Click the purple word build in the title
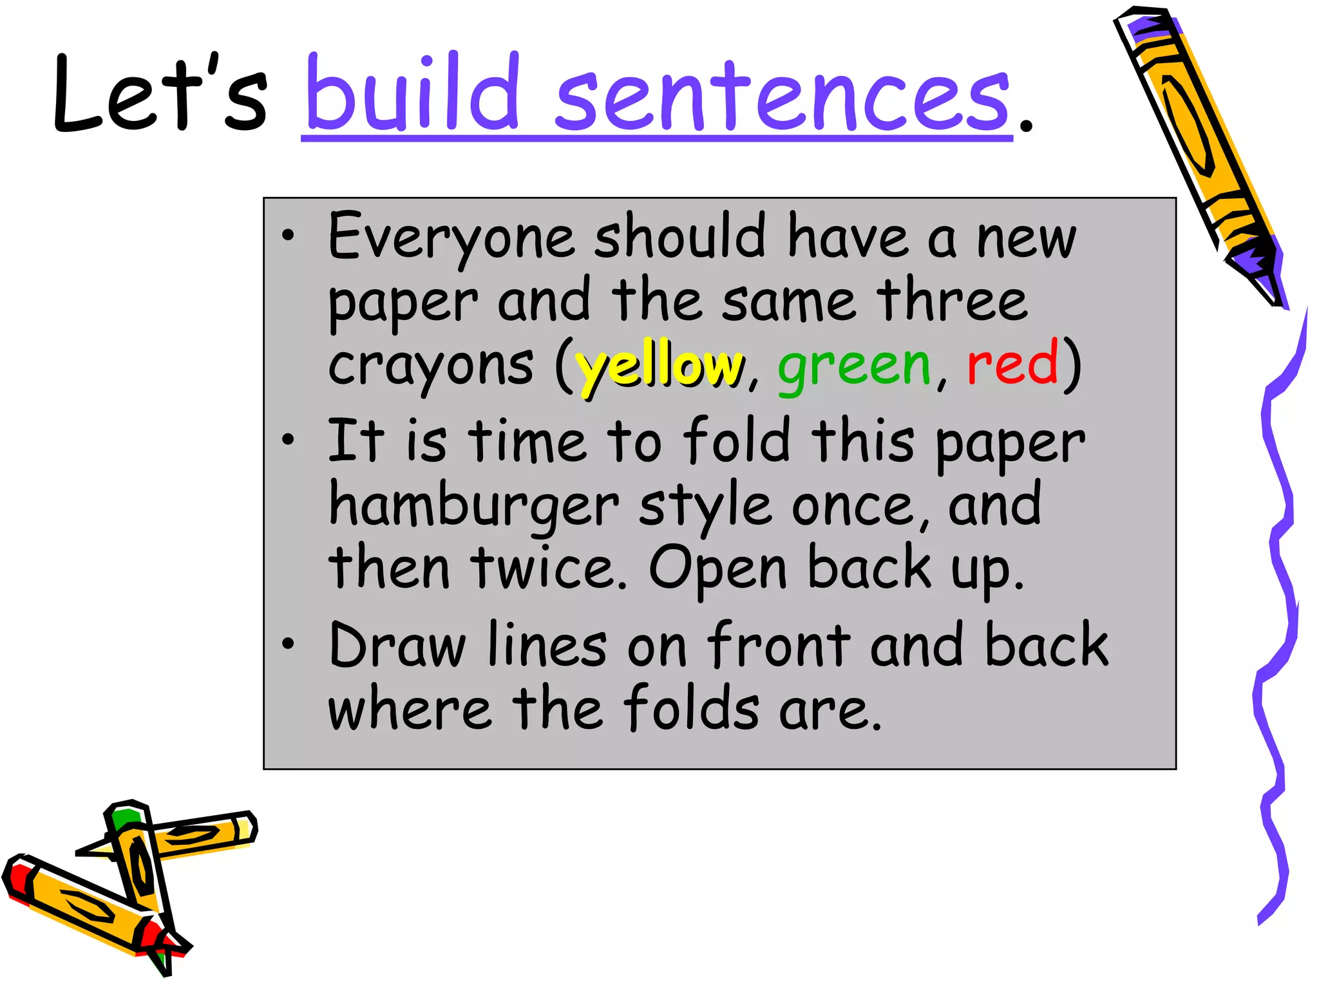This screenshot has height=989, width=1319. (x=412, y=93)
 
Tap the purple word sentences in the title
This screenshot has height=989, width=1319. (x=783, y=97)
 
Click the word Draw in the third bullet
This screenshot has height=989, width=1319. (x=397, y=646)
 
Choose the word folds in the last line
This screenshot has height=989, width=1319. (x=692, y=708)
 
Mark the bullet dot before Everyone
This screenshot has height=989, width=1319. (x=288, y=236)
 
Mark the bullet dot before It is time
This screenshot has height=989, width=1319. (x=288, y=440)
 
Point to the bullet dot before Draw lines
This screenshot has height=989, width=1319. (x=288, y=644)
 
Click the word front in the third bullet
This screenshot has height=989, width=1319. (x=779, y=646)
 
